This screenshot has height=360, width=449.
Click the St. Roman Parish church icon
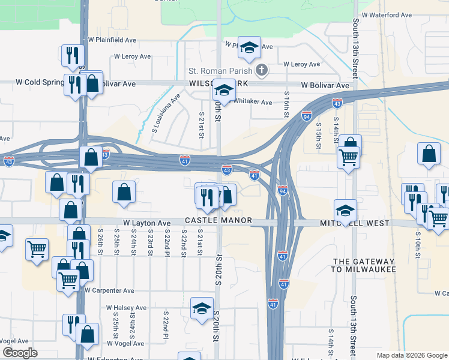(261, 71)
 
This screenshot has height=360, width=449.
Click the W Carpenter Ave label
(109, 290)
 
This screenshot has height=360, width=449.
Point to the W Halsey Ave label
(126, 308)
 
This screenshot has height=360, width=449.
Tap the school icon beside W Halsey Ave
(202, 308)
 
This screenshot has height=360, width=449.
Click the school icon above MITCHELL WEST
(345, 210)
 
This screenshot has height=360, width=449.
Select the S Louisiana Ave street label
(166, 112)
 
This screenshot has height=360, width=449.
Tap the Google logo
(19, 353)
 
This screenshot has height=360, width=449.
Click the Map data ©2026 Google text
(411, 355)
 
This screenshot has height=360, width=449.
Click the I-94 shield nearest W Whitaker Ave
(307, 115)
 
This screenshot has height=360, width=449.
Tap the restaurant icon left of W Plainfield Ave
(72, 55)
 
